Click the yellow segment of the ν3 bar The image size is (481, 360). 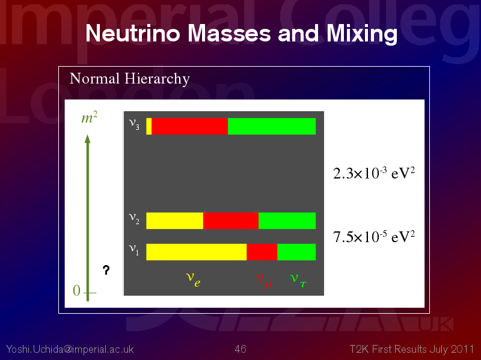(149, 126)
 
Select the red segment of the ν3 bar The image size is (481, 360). (189, 126)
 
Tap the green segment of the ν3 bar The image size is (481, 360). (272, 126)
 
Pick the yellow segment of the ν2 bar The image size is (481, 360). (174, 221)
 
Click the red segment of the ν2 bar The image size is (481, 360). (231, 221)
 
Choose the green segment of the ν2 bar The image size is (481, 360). (287, 221)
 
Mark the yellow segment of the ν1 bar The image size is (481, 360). (197, 252)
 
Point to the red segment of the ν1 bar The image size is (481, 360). (262, 252)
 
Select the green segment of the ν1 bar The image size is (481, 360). (296, 252)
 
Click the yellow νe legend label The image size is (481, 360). (193, 279)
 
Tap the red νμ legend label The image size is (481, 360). (264, 281)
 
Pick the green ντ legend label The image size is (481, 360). (298, 281)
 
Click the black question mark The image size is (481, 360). (106, 270)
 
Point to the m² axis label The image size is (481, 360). (90, 118)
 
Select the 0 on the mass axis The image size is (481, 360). (77, 290)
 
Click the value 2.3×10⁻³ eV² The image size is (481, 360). (374, 173)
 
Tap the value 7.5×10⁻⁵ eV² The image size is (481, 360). (374, 236)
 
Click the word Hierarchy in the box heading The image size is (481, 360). (157, 79)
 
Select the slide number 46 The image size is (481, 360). (240, 349)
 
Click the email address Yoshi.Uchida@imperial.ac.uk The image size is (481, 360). (70, 349)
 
